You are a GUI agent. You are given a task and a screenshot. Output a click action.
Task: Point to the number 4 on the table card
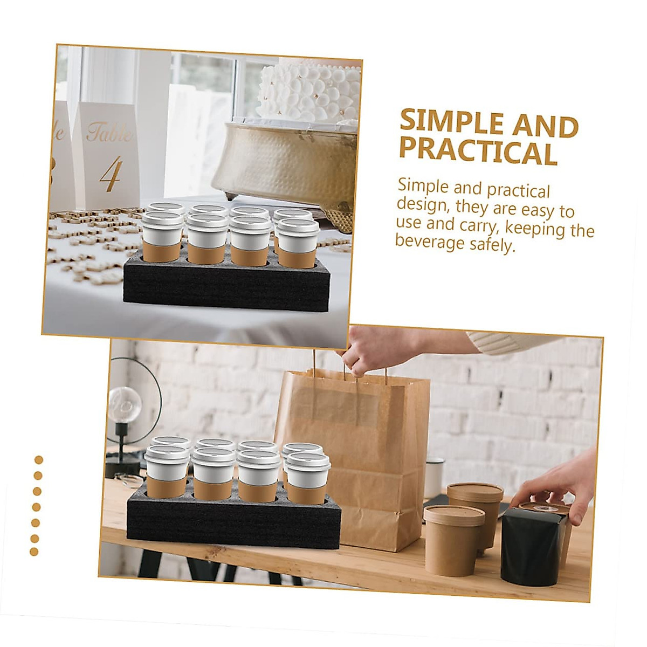coord(111,174)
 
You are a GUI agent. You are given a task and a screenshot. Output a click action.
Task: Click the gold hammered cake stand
coord(286,162)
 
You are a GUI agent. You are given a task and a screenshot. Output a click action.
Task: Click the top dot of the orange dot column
coord(38,460)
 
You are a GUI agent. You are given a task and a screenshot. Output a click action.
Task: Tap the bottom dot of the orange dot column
coord(34,552)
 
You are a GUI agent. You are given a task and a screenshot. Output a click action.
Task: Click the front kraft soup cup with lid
coord(454,539)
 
